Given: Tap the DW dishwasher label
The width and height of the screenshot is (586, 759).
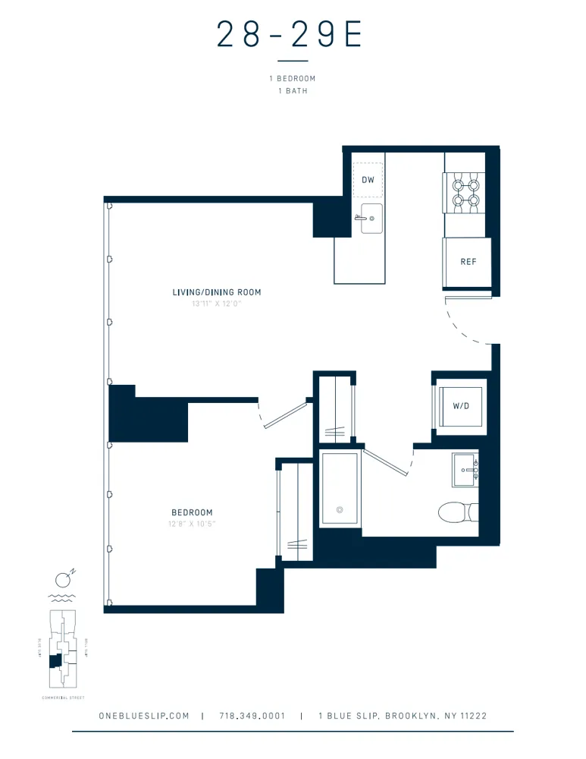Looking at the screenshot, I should coord(368,181).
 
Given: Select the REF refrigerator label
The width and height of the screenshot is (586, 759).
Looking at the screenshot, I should coord(468,262).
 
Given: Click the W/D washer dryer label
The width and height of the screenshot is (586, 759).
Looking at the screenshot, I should coord(461,406).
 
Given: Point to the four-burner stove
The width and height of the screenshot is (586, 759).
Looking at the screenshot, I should coord(465,191).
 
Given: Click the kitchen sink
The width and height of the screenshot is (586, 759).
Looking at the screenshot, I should coord(371,219).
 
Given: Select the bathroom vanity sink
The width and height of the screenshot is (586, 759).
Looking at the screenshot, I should coord(465,471).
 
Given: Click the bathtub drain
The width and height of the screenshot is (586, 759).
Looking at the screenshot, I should coord(340,509).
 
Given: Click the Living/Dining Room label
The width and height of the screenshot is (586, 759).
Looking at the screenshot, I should coord(216,292).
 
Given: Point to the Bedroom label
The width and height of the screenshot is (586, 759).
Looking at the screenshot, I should coord(192,512).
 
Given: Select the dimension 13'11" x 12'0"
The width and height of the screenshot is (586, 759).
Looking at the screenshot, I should coord(216,304).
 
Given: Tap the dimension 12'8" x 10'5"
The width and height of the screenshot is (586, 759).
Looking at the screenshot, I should coord(192,524).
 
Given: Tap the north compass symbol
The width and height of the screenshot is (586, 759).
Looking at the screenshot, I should coord(65,581).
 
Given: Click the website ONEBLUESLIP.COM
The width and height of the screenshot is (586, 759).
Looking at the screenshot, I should coord(144,716).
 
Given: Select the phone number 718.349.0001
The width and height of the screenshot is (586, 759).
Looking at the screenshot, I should coord(252,716).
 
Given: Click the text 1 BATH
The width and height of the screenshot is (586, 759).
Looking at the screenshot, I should coord(292,90).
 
